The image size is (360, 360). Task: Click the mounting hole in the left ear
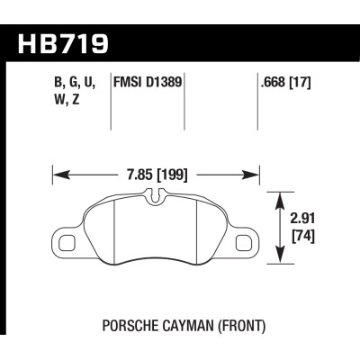click(x=65, y=240)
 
